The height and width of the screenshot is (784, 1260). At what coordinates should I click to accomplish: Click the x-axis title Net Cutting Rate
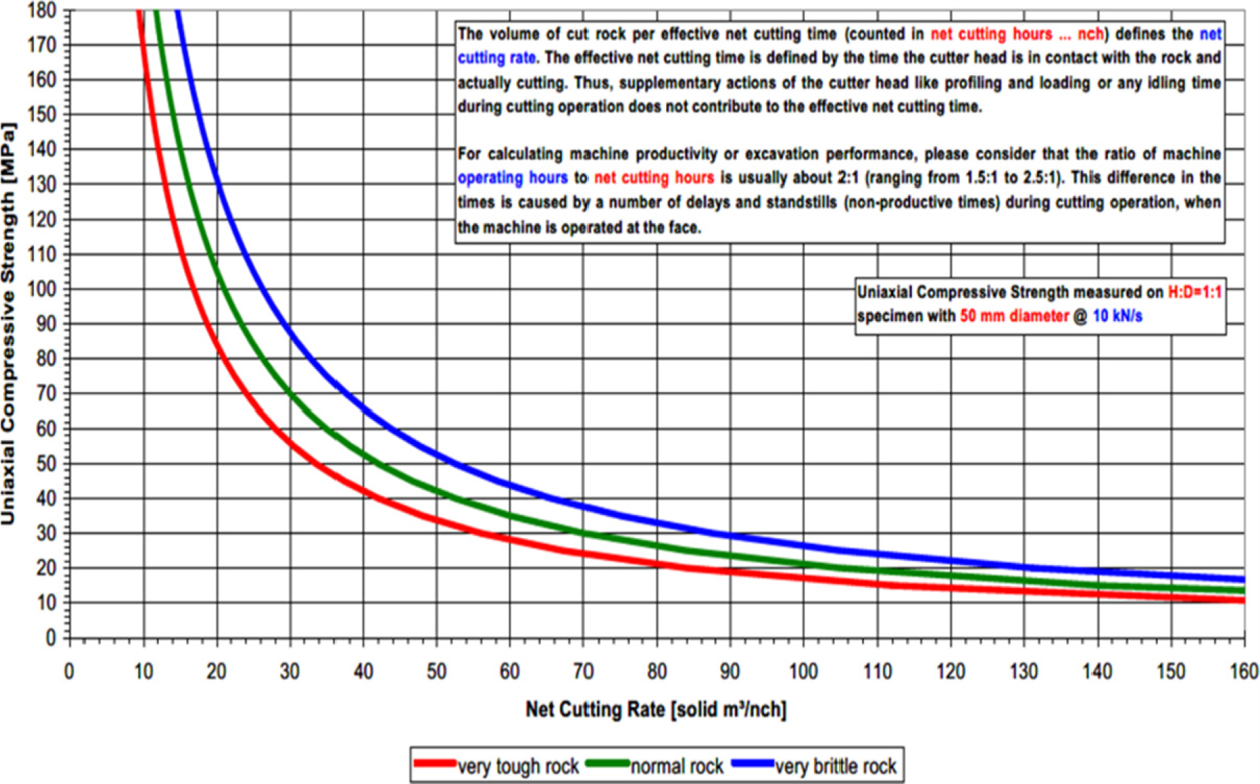[x=656, y=710]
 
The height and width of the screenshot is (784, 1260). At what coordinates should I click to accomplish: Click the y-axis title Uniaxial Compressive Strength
[x=9, y=324]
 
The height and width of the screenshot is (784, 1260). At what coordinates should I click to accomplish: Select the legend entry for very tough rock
[x=517, y=766]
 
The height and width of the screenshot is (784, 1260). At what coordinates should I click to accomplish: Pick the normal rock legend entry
[x=677, y=766]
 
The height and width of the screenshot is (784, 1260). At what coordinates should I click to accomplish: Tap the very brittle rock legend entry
[x=836, y=766]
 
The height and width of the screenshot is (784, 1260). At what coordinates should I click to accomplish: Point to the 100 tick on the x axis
[x=803, y=671]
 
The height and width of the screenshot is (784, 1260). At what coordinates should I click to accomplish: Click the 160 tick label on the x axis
[x=1243, y=671]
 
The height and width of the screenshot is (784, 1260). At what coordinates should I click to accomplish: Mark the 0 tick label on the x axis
[x=69, y=671]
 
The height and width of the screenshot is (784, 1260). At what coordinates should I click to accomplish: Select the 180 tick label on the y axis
[x=42, y=10]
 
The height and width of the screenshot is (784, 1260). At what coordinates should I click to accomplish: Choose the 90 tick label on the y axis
[x=46, y=325]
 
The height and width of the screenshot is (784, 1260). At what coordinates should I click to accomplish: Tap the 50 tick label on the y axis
[x=46, y=464]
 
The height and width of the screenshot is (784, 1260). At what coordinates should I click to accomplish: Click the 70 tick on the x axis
[x=583, y=671]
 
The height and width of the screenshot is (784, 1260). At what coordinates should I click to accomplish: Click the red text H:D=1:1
[x=1194, y=293]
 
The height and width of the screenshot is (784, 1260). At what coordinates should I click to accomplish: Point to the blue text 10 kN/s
[x=1117, y=316]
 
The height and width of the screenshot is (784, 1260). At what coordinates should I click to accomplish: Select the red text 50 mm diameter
[x=1014, y=316]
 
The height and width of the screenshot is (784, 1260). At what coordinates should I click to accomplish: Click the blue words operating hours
[x=513, y=178]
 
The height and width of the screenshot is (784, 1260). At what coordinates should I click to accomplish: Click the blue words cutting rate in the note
[x=496, y=58]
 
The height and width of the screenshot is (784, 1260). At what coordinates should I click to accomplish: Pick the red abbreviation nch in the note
[x=1090, y=34]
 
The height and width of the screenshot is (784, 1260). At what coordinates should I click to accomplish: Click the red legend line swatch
[x=435, y=764]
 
